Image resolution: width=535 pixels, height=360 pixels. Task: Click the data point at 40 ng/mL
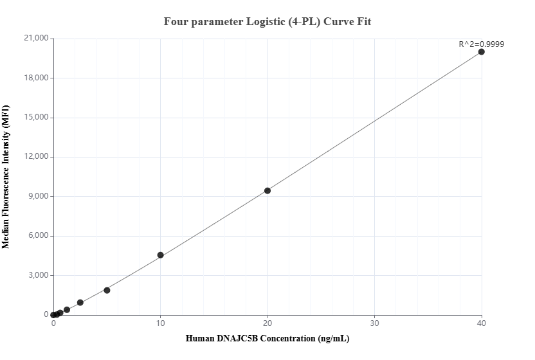[x=482, y=51]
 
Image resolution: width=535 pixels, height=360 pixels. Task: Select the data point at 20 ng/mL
[x=267, y=190]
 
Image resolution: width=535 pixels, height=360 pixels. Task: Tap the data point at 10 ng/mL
[x=161, y=255]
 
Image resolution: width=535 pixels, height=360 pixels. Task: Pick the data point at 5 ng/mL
[x=107, y=290]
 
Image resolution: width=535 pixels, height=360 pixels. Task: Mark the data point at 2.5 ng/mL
[x=80, y=302]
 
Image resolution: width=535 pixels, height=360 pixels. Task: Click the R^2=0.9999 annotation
[x=481, y=44]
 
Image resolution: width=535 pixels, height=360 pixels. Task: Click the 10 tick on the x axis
[x=161, y=323]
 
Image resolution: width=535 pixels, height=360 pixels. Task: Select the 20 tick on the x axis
[x=267, y=323]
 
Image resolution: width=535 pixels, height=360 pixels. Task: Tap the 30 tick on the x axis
[x=375, y=323]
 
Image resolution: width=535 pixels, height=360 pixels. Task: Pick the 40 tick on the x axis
[x=482, y=323]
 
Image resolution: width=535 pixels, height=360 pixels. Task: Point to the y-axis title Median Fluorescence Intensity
[x=6, y=177]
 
